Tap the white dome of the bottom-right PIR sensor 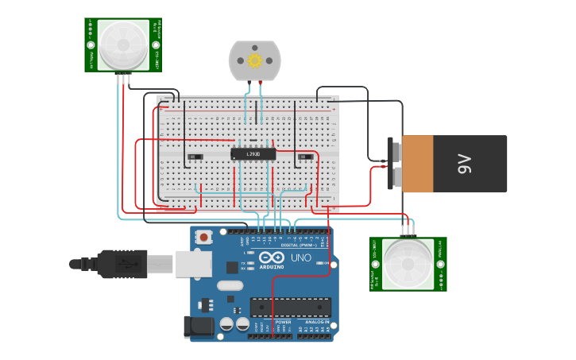click(x=408, y=262)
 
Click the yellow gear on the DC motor click(x=255, y=60)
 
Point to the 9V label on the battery click(x=464, y=164)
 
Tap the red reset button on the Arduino click(x=205, y=237)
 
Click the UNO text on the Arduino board click(x=300, y=258)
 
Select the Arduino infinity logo click(x=271, y=258)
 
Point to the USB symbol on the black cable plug click(x=124, y=263)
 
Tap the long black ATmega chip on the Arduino click(x=290, y=307)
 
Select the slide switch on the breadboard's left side click(x=194, y=157)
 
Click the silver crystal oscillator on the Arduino click(x=228, y=285)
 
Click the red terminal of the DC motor click(x=260, y=83)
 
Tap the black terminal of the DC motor click(x=246, y=83)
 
